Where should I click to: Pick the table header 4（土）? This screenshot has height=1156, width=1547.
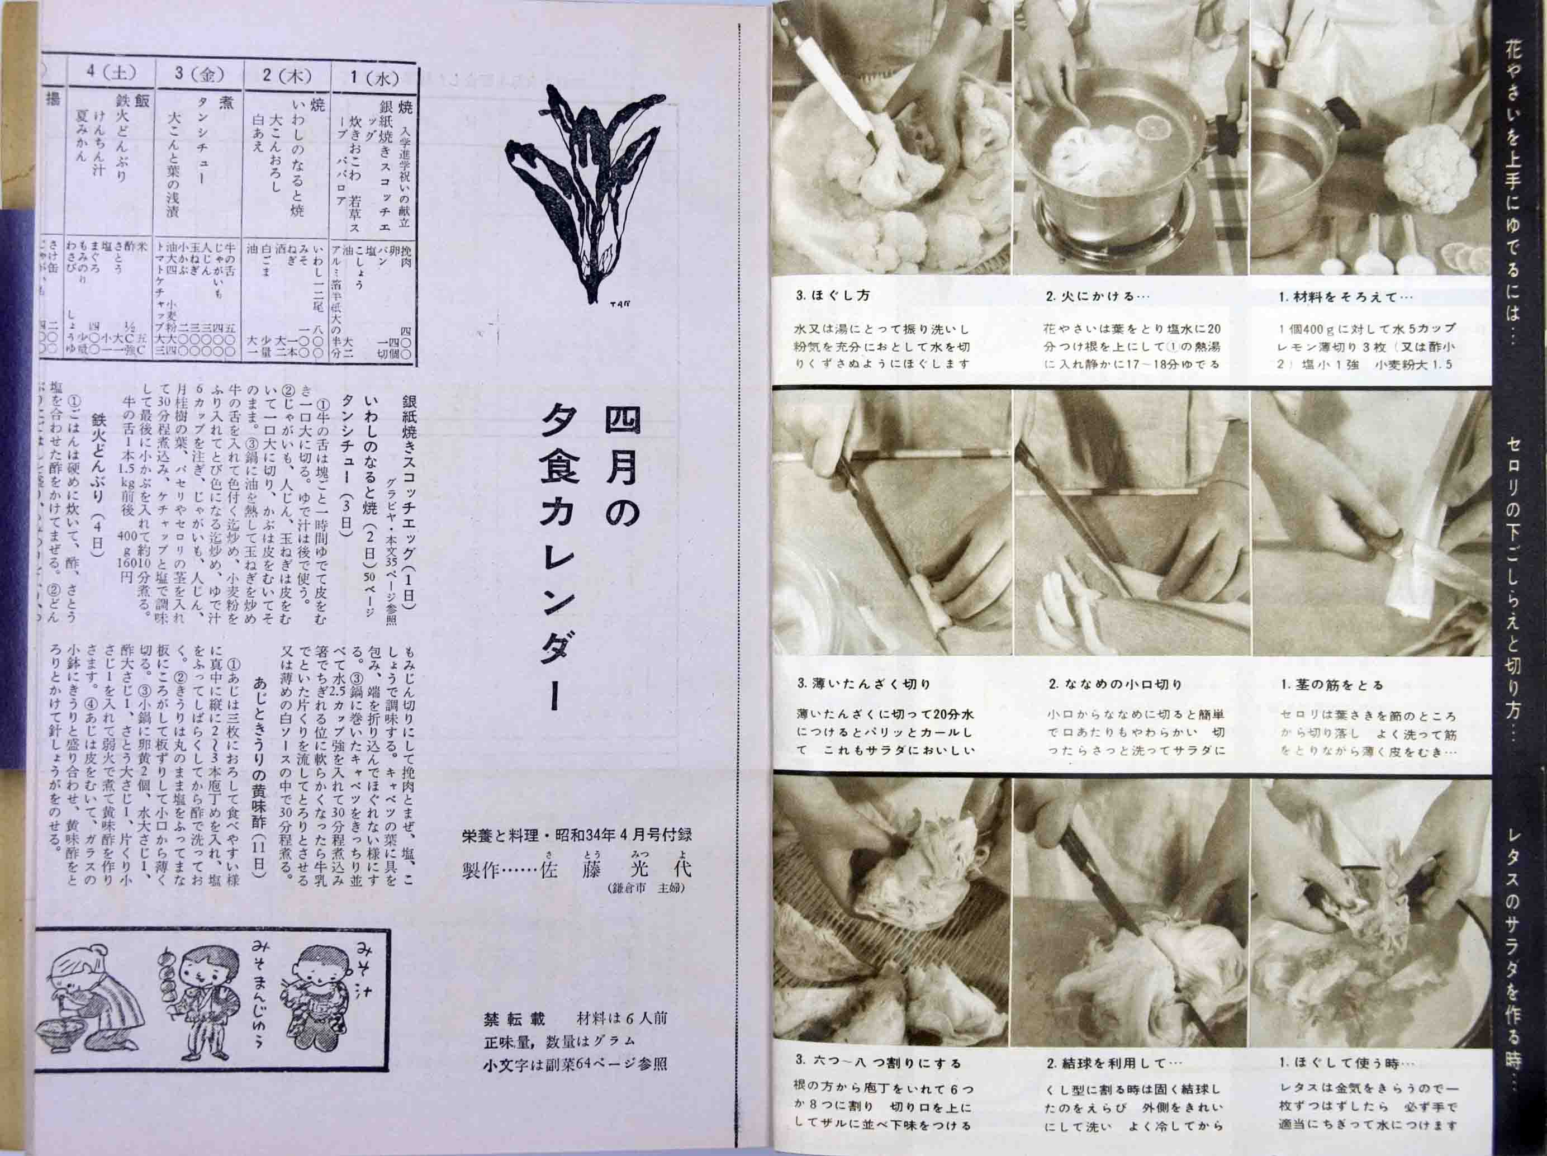[x=111, y=73]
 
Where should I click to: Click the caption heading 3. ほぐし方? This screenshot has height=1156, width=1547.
[x=832, y=296]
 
